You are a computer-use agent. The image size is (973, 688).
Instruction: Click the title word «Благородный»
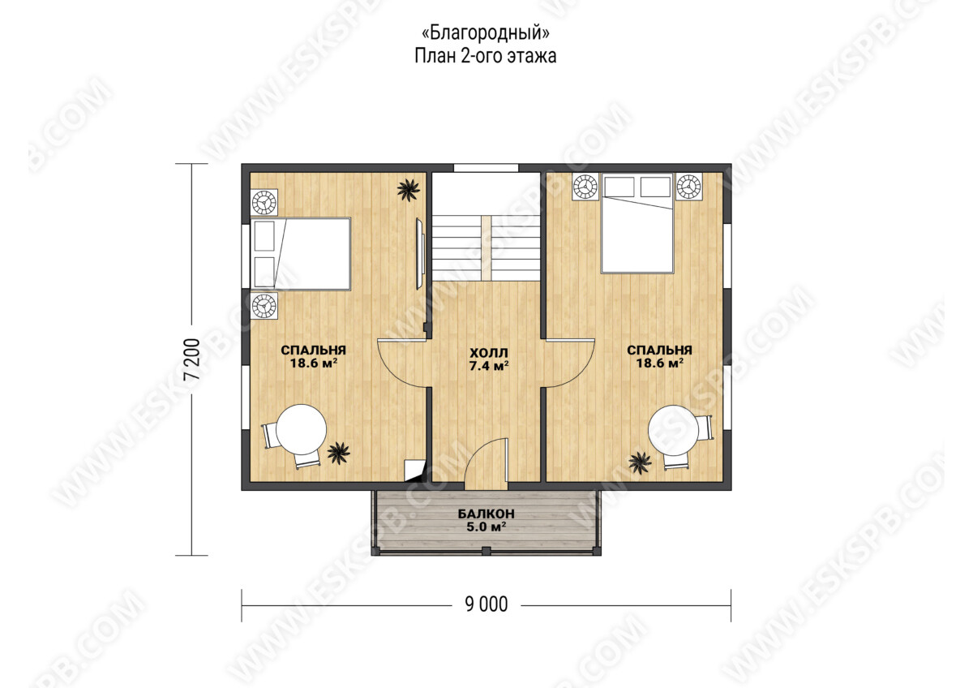click(486, 33)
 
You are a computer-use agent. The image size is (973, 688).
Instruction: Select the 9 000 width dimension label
click(486, 604)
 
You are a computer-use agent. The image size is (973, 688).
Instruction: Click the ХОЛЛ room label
click(489, 352)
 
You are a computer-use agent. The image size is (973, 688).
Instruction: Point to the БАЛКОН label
click(486, 514)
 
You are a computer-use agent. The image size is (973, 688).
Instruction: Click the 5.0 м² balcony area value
click(486, 527)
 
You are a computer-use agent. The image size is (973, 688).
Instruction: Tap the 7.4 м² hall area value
click(489, 366)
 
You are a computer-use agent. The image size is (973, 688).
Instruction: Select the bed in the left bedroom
click(301, 254)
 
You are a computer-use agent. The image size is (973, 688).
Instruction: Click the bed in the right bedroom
click(637, 223)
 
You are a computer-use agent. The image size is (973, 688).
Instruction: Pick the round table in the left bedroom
click(301, 429)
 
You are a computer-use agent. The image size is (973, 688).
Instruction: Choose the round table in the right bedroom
click(673, 430)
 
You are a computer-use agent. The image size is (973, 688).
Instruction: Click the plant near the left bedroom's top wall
click(409, 190)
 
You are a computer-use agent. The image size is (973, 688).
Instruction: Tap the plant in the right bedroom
click(640, 462)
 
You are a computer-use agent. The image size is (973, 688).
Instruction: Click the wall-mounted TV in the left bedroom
click(420, 254)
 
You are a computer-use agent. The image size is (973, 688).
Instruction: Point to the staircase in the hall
click(486, 248)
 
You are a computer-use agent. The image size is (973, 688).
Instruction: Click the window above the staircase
click(486, 168)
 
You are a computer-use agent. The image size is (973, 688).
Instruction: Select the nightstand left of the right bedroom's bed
click(585, 187)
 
